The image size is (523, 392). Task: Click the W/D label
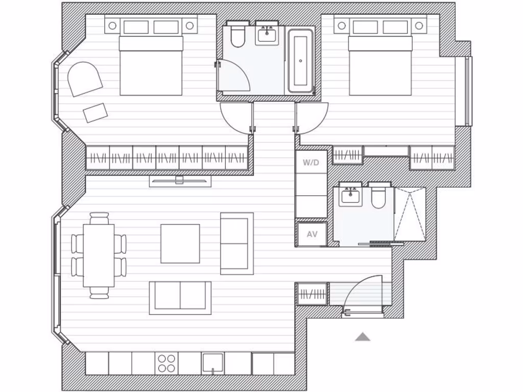coord(311,163)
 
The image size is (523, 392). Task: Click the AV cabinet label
coord(312,234)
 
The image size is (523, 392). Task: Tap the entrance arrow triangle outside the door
coord(363,336)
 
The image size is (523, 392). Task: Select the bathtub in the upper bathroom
coord(300,61)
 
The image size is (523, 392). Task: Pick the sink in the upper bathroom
coord(267,35)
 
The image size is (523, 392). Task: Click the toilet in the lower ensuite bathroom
coord(379,197)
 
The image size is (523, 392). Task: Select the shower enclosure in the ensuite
coord(410,214)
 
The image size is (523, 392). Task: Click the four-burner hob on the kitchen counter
coord(167,363)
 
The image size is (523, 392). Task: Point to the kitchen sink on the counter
coord(212,363)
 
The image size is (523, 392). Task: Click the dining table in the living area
coord(99,256)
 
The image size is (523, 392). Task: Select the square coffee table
coord(180,243)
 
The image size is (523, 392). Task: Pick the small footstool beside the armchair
coord(96,112)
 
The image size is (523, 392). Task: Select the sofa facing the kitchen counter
coord(180,297)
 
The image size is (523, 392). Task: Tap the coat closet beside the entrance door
coord(312,294)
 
